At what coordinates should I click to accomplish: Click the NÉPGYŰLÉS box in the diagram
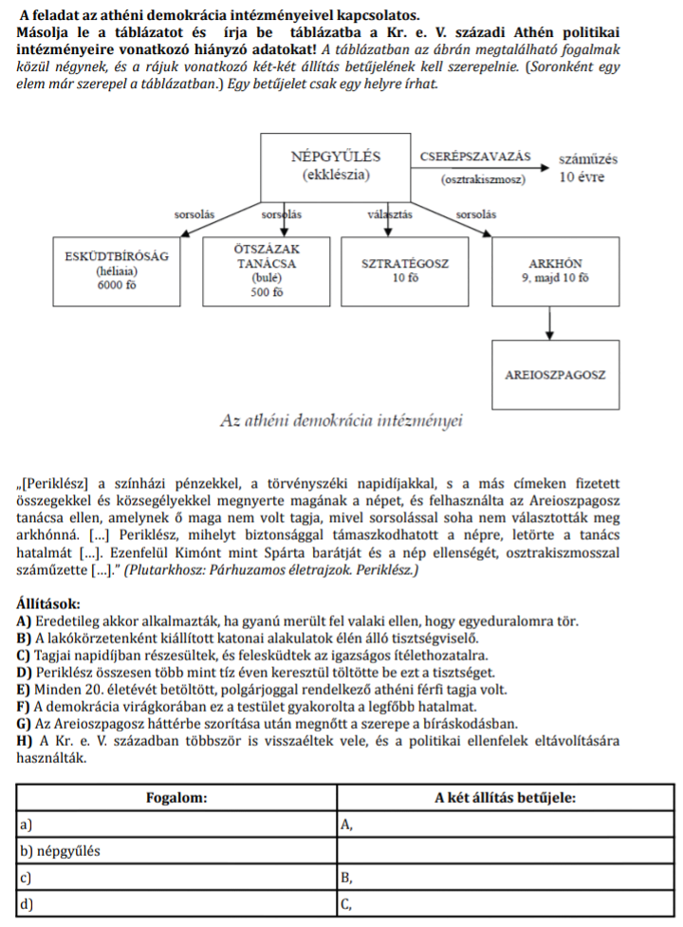336,166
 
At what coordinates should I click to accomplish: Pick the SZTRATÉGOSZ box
404,269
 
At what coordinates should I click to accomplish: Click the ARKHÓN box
554,269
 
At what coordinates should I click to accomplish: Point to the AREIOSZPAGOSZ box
554,376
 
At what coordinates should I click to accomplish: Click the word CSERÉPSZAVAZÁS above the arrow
474,156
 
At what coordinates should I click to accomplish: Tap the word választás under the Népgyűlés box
389,214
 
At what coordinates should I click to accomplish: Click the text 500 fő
267,292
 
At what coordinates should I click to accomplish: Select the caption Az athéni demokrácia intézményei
339,419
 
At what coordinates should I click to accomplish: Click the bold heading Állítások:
48,603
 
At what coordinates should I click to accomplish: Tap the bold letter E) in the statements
24,689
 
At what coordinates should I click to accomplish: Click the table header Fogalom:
176,799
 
